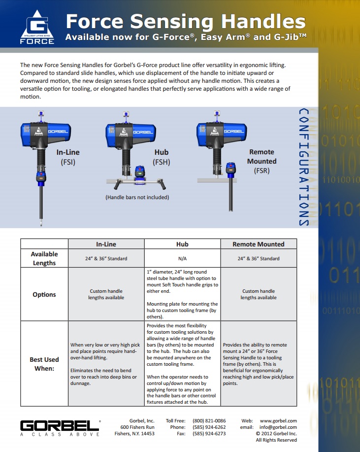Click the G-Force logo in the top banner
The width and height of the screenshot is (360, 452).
click(37, 28)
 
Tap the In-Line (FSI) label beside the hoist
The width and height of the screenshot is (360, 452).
click(68, 157)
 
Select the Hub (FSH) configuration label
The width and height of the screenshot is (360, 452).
click(162, 157)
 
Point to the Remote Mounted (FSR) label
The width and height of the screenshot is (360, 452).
click(262, 161)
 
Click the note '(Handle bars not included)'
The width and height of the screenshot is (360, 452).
click(137, 197)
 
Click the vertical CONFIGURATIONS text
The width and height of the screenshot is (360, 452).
click(304, 167)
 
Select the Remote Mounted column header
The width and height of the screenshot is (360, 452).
click(259, 244)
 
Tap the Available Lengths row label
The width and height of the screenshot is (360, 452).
click(44, 258)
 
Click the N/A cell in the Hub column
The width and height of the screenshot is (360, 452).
click(182, 258)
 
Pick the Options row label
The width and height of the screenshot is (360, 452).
click(44, 294)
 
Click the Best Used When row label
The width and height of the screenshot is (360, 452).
click(44, 363)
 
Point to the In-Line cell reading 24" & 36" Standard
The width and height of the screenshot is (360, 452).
click(106, 258)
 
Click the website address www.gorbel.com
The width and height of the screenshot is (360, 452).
click(278, 420)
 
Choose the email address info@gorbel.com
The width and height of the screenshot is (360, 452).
click(278, 427)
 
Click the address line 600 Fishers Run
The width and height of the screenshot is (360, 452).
click(137, 427)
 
